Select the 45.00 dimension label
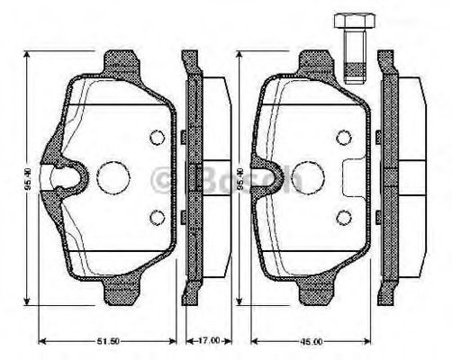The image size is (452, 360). pos(312,340)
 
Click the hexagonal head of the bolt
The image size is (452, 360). pos(350,22)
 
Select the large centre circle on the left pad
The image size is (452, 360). pos(113,176)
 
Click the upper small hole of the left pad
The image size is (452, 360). pos(156,137)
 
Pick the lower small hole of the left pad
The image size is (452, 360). pos(156,217)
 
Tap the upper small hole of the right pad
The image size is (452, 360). pos(342,137)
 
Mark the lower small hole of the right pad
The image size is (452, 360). pos(342,217)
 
